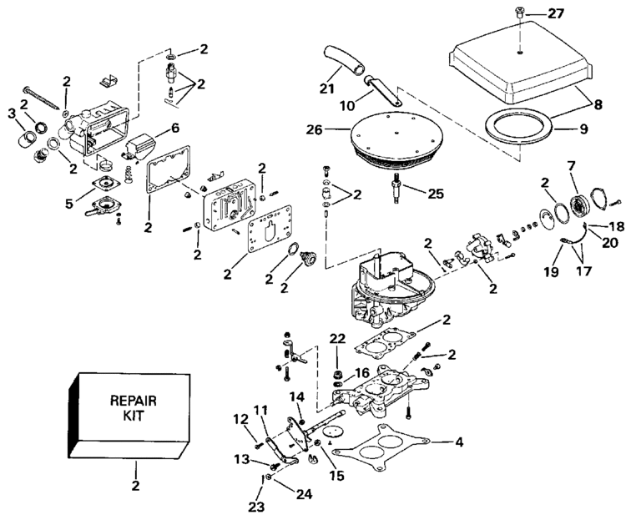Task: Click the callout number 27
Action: tap(555, 14)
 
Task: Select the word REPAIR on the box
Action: tap(134, 400)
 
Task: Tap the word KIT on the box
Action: tap(134, 416)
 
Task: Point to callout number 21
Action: tap(327, 88)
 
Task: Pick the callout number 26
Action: tap(314, 130)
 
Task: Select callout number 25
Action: tap(436, 194)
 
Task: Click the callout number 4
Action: tap(459, 442)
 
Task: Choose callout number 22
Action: tap(337, 338)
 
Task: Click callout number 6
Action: tap(175, 128)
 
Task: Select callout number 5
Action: tap(69, 204)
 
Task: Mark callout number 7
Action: tap(571, 166)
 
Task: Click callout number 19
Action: tap(552, 271)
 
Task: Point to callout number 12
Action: tap(240, 419)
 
